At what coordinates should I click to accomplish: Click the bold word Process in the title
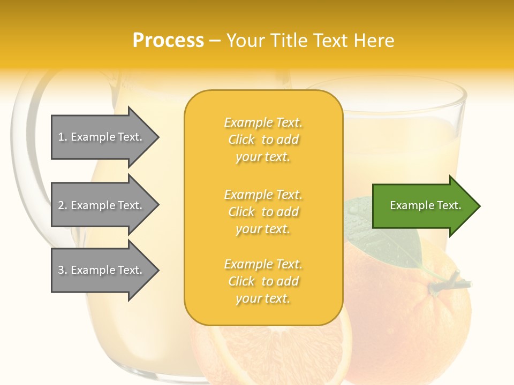point(168,41)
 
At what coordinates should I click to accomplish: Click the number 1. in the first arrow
point(63,137)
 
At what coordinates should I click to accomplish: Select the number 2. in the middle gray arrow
point(63,205)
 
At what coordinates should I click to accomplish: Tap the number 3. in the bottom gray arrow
point(63,270)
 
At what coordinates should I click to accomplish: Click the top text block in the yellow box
point(263,140)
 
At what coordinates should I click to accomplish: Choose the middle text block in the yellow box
point(263,212)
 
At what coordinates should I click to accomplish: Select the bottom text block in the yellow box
point(263,281)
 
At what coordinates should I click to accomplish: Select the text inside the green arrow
point(426,205)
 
